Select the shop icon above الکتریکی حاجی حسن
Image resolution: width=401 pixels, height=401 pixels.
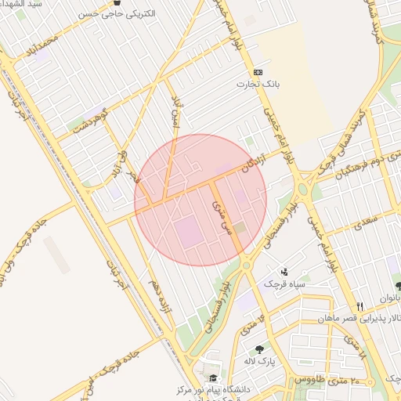[x=117, y=3]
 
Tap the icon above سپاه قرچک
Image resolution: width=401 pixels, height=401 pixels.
[x=284, y=272]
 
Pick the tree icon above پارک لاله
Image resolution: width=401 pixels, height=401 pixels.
[x=259, y=349]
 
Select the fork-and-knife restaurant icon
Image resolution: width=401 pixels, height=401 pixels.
[x=359, y=305]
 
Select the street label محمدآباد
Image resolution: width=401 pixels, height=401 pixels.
[x=42, y=49]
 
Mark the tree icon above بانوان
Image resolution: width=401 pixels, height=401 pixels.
[x=399, y=286]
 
